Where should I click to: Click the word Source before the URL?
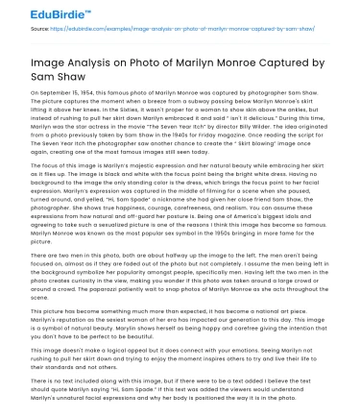[18, 29]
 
